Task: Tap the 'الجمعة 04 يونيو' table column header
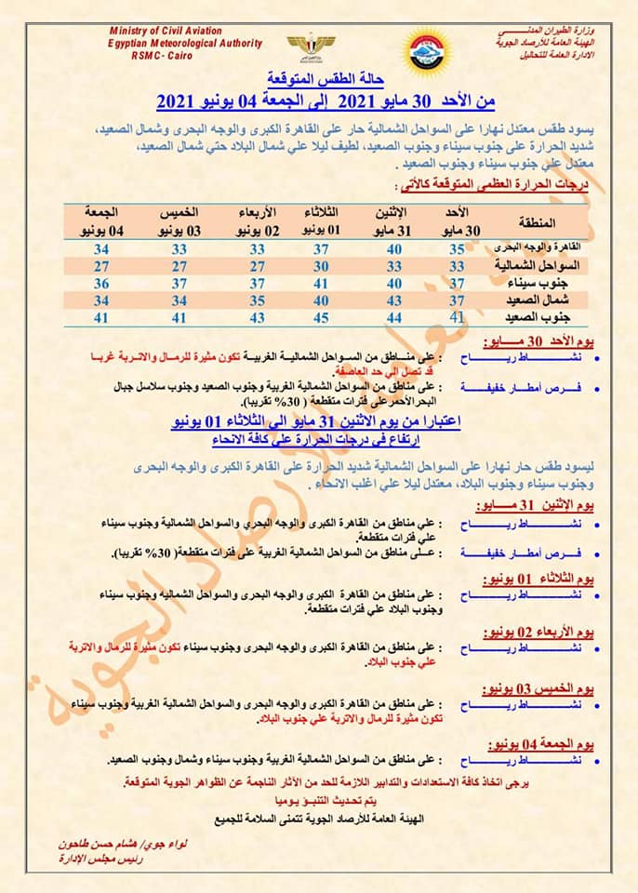click(x=102, y=222)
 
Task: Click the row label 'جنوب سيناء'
click(x=535, y=283)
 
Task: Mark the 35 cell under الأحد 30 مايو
click(x=457, y=249)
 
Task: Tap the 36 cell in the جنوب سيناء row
click(x=102, y=283)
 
